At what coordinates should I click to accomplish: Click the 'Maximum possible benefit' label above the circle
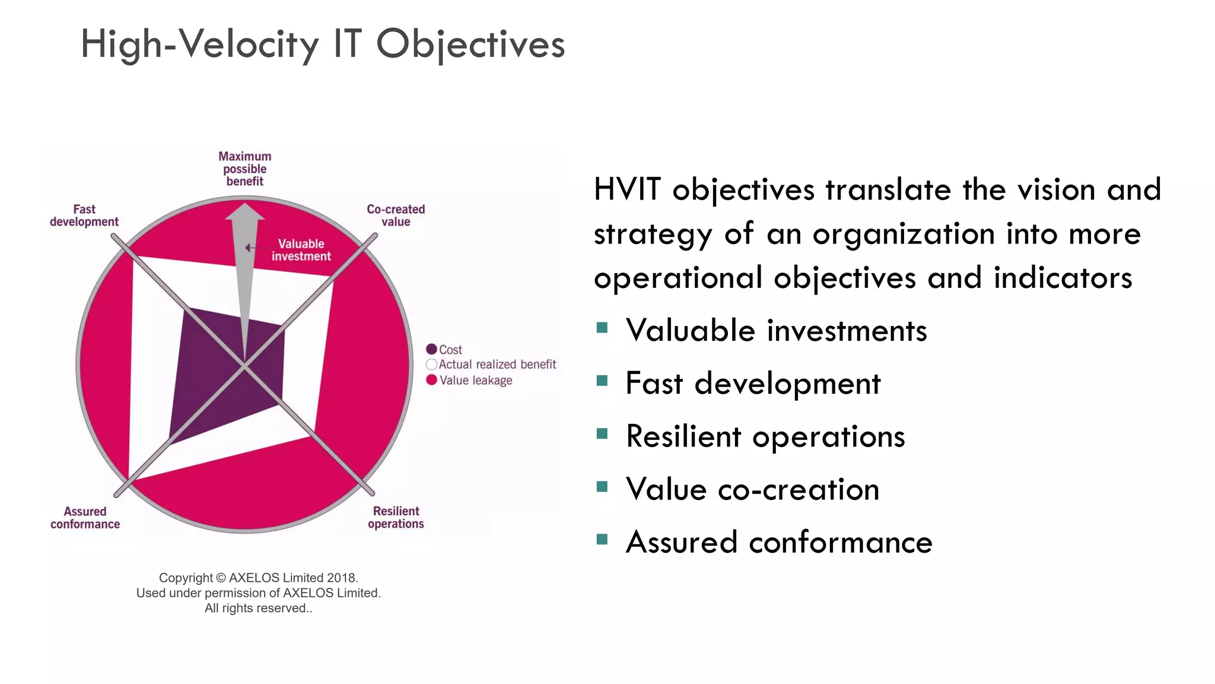[244, 169]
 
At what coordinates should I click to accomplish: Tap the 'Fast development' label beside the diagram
[84, 216]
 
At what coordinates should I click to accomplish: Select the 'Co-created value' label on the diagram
[396, 216]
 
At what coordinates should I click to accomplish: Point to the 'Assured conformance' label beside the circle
[85, 518]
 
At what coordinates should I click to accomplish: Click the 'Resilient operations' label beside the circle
[396, 517]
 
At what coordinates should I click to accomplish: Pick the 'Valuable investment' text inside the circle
[301, 250]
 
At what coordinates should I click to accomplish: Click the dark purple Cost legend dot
[431, 349]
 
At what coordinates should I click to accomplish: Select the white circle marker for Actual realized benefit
[431, 364]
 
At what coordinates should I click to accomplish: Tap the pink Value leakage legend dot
[431, 380]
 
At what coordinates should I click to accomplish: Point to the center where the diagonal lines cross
[244, 365]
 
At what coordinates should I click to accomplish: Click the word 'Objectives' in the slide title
[470, 45]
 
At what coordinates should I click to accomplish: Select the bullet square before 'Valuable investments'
[602, 328]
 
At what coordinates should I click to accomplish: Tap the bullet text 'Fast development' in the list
[753, 384]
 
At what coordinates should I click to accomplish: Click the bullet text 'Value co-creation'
[752, 490]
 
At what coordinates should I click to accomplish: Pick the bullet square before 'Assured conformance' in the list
[602, 539]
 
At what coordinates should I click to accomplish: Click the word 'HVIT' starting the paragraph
[626, 190]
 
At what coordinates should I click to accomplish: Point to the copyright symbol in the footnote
[221, 578]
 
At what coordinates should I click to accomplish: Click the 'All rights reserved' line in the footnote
[258, 608]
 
